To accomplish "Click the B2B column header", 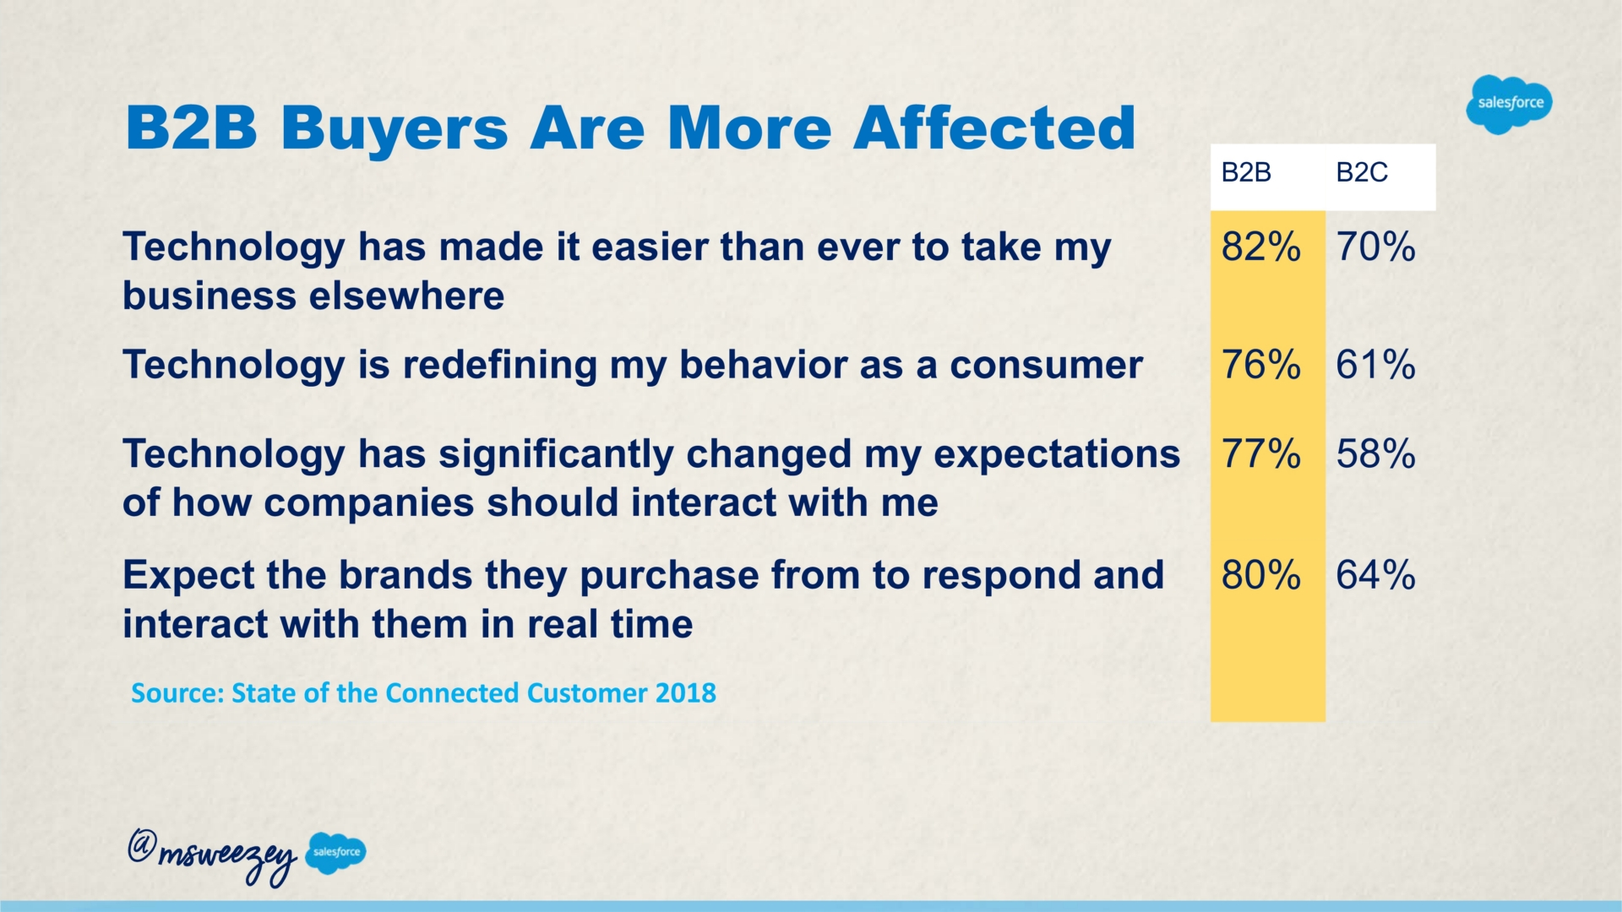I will point(1246,173).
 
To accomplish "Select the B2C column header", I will point(1362,173).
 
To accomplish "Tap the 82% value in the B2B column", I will point(1260,247).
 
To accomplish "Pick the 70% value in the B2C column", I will point(1375,247).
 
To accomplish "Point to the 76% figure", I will point(1260,366).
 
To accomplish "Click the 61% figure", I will point(1375,366).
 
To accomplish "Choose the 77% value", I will point(1260,454).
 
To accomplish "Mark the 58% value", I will point(1375,454).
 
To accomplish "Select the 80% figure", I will point(1260,576).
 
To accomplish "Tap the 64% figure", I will point(1375,576).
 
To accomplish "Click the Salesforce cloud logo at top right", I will point(1510,104).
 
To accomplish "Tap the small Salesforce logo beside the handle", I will point(335,852).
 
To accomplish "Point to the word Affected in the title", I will point(994,128).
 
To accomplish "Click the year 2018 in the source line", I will point(685,693).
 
